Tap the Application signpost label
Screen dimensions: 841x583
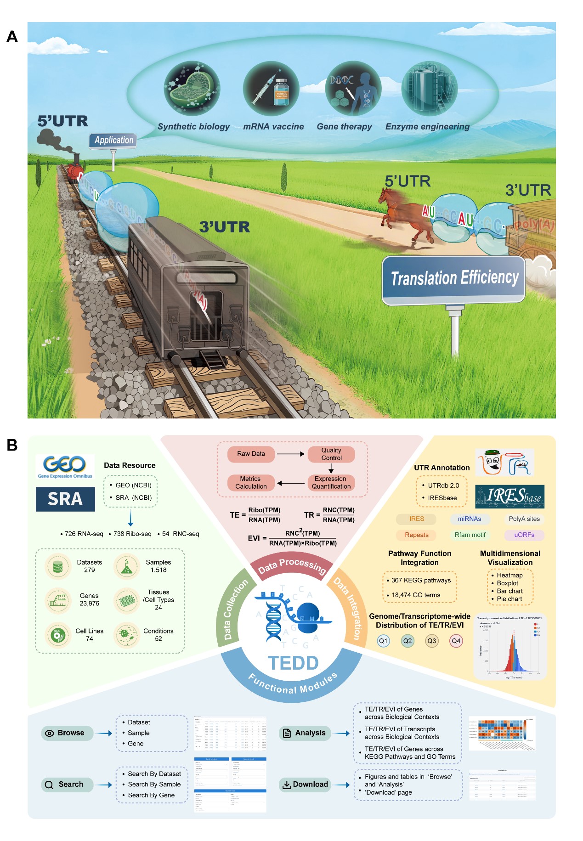[x=113, y=141]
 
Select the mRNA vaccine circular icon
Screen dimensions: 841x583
[x=271, y=89]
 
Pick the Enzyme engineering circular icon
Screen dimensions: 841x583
[x=429, y=89]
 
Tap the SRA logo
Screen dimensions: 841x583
[x=65, y=499]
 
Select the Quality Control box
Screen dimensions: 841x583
[x=331, y=454]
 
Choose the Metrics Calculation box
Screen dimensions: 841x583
[x=251, y=483]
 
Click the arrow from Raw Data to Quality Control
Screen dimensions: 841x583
[x=290, y=454]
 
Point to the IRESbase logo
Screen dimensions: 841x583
[x=509, y=497]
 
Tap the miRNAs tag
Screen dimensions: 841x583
[x=470, y=519]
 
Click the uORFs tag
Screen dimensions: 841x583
[x=524, y=535]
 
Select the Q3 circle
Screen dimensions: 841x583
[x=431, y=641]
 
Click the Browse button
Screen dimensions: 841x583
[x=67, y=733]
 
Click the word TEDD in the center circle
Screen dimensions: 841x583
[x=293, y=663]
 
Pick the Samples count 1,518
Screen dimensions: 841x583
[x=158, y=570]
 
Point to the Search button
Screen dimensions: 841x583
[x=67, y=785]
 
